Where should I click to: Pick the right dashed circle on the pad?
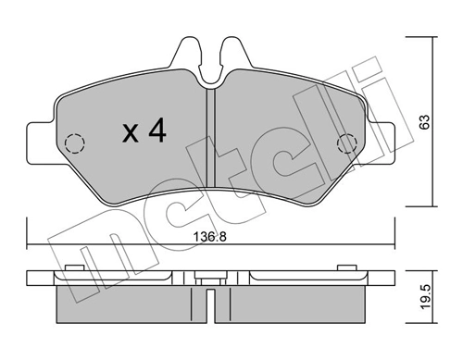pos(347,143)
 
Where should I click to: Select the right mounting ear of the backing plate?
pos(387,136)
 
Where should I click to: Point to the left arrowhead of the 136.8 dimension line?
pos(31,246)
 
